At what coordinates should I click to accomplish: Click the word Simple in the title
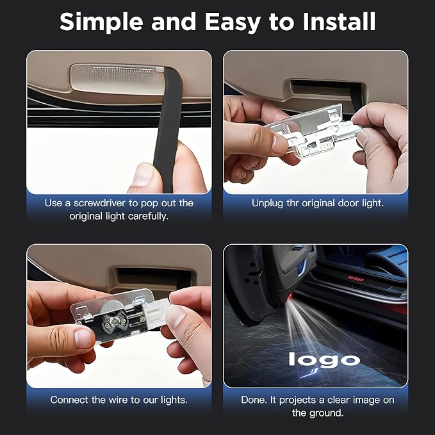click(x=101, y=22)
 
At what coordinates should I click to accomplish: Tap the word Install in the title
click(x=339, y=21)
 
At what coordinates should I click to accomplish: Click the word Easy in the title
click(x=233, y=22)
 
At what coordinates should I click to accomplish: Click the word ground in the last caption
click(x=325, y=413)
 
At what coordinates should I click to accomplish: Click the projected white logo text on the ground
click(x=324, y=359)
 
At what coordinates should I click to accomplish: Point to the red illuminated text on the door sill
click(x=356, y=278)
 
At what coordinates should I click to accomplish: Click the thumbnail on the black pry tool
click(x=144, y=175)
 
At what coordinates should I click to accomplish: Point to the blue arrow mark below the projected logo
click(x=309, y=373)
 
